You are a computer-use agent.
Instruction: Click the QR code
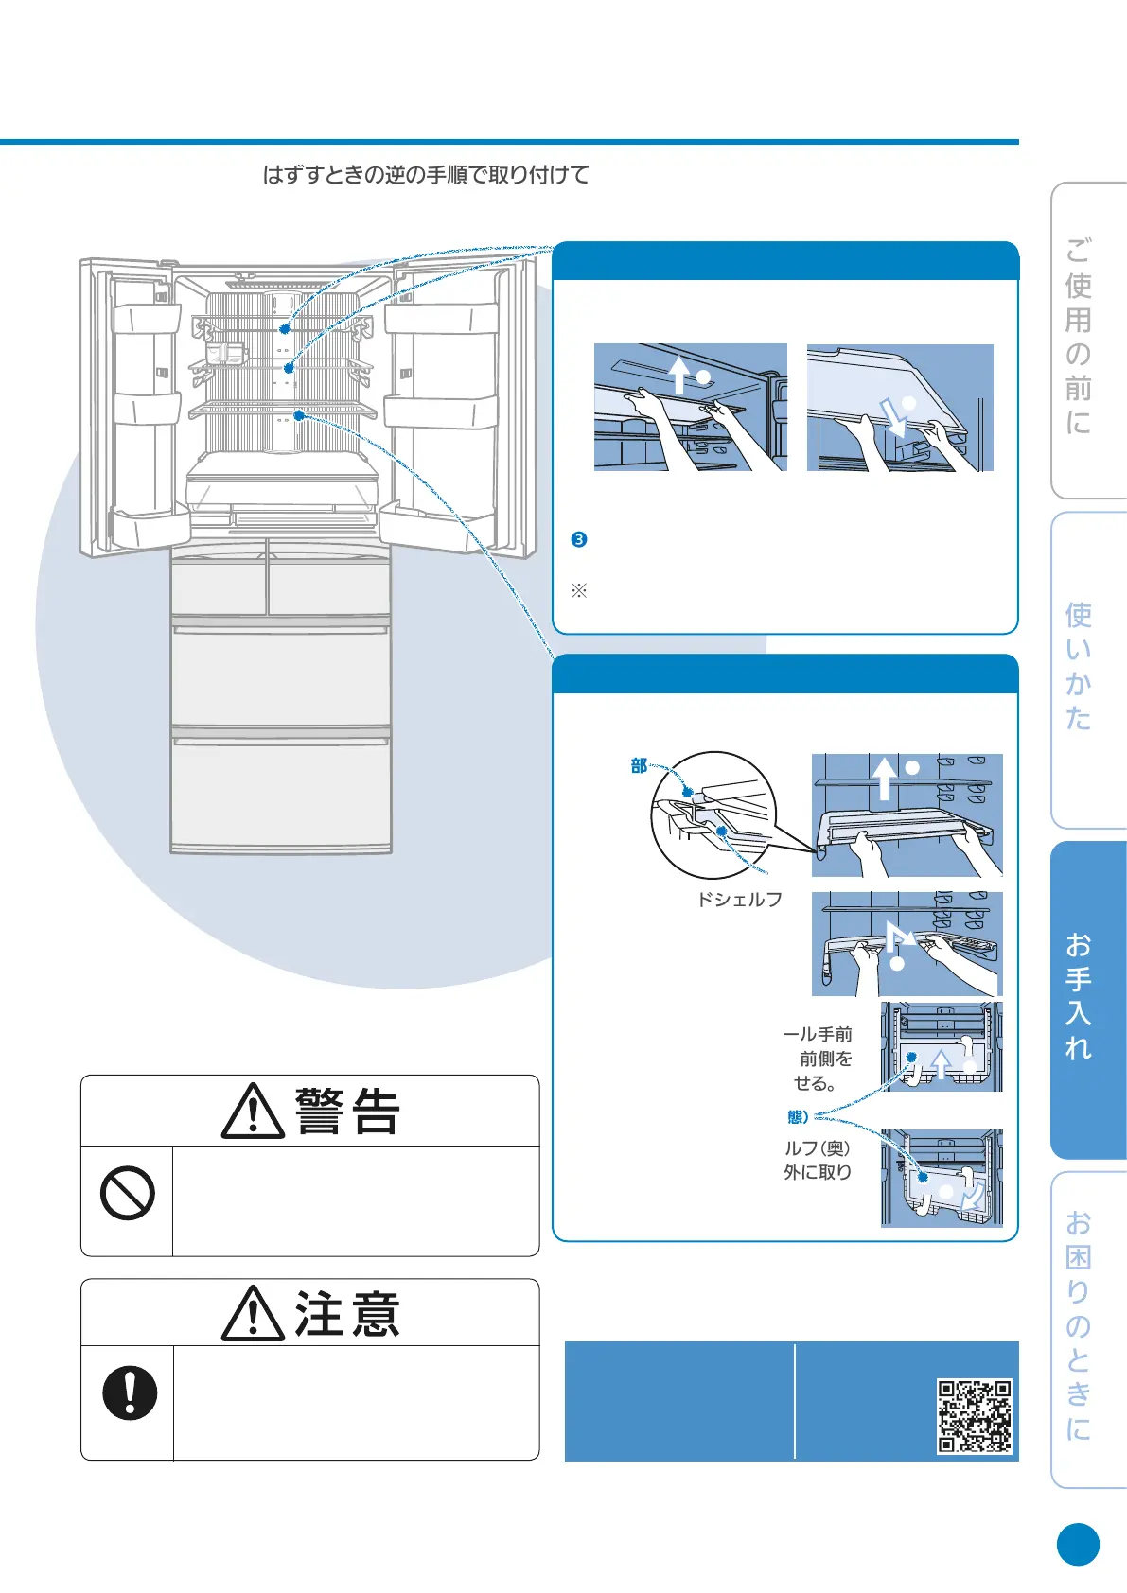coord(975,1416)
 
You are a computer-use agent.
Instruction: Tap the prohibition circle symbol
coord(128,1193)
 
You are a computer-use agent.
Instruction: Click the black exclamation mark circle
coord(130,1392)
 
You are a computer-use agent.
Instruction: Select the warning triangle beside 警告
coord(253,1112)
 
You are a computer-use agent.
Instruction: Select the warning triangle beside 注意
coord(253,1314)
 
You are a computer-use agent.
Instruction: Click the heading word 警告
coord(348,1112)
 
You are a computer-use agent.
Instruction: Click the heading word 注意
coord(347,1314)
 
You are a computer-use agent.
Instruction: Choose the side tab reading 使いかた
coord(1080,667)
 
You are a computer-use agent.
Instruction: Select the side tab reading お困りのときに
coord(1080,1325)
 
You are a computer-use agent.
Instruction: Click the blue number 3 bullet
coord(579,539)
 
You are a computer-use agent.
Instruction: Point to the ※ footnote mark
coord(579,591)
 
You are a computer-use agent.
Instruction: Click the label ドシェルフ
coord(740,900)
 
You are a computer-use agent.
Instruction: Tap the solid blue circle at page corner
coord(1078,1545)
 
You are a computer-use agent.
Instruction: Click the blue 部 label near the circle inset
coord(639,766)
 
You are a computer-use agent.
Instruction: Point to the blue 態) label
coord(798,1117)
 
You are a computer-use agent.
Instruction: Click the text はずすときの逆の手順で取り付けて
coord(426,175)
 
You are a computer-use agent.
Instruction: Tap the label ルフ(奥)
coord(818,1148)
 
